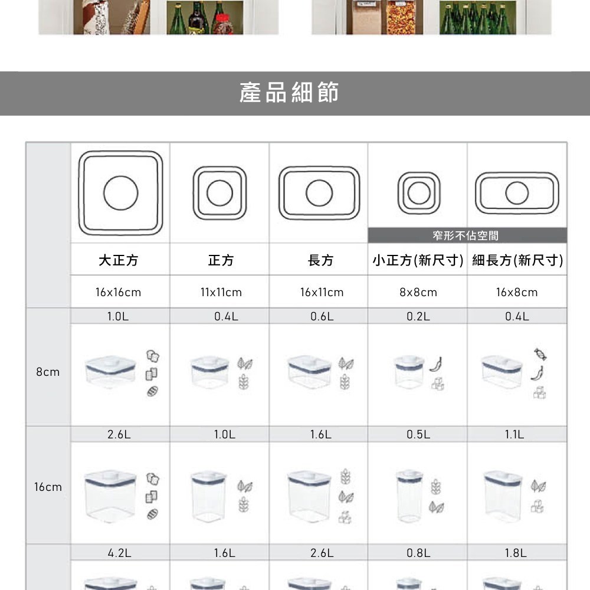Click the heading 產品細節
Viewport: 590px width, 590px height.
click(289, 93)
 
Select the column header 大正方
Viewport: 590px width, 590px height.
click(119, 260)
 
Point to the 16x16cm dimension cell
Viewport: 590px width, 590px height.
click(119, 292)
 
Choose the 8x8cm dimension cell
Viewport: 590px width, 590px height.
click(418, 292)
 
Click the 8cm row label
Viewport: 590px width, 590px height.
click(48, 372)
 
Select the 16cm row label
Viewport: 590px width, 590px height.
click(48, 487)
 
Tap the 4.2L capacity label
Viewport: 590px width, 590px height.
click(119, 553)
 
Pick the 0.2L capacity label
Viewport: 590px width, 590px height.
click(418, 316)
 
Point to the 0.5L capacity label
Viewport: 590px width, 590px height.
click(418, 435)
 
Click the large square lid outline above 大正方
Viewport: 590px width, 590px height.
click(121, 192)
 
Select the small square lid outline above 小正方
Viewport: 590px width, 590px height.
click(418, 193)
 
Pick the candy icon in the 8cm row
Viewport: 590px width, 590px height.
click(537, 354)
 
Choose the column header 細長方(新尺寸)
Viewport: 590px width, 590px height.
click(517, 260)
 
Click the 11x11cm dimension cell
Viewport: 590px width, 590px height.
click(220, 292)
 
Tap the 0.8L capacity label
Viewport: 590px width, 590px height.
click(418, 553)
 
